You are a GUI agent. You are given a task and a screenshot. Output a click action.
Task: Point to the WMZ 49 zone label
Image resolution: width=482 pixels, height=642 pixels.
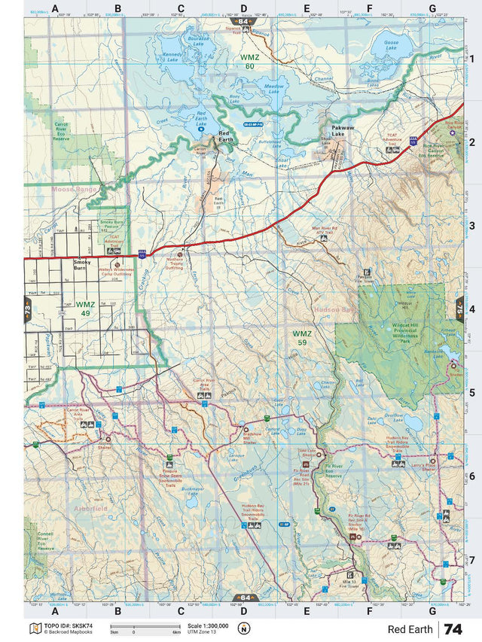(x=85, y=309)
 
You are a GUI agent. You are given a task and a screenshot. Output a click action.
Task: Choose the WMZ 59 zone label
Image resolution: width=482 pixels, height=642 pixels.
(x=302, y=337)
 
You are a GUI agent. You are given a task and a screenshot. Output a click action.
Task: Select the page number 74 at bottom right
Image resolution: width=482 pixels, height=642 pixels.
(x=453, y=629)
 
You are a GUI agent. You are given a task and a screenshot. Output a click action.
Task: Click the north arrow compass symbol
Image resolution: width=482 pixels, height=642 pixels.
(x=243, y=629)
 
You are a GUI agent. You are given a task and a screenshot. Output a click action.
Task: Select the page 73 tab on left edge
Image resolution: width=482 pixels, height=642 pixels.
(x=27, y=309)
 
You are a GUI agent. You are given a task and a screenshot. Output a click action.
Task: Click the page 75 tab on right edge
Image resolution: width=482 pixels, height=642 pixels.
(x=460, y=309)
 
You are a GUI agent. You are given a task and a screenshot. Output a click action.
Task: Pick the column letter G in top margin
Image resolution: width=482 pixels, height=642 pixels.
(x=432, y=9)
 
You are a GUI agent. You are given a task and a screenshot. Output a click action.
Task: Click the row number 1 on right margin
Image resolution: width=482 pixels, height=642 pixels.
(x=471, y=58)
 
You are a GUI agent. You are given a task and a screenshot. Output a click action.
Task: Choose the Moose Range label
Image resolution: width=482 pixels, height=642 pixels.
(x=74, y=189)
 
